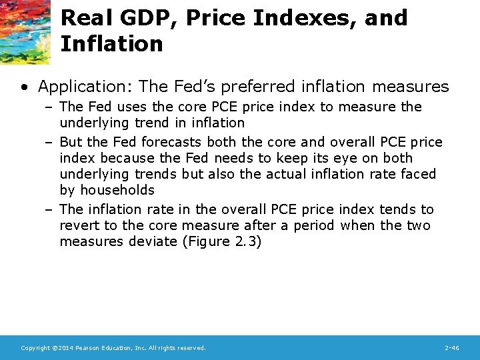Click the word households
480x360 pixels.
[116, 190]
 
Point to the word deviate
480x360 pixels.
[155, 241]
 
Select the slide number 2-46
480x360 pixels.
[451, 348]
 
